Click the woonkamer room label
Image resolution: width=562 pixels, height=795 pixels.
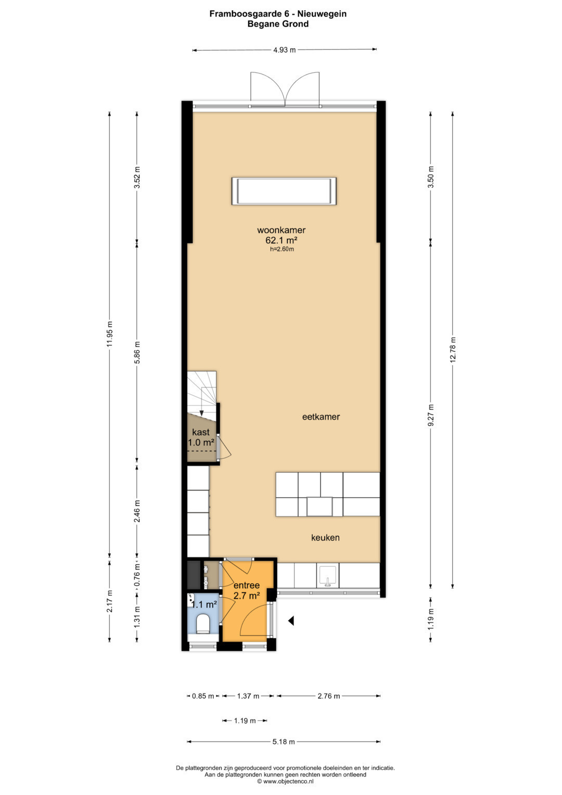(281, 230)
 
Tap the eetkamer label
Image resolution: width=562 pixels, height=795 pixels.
(321, 417)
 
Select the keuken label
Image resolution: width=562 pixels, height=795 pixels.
(325, 537)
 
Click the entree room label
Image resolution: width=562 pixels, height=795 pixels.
(247, 585)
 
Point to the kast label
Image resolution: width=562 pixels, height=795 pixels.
(201, 432)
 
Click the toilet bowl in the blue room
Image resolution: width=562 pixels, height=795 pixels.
(203, 624)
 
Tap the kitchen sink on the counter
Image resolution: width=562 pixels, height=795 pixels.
(327, 575)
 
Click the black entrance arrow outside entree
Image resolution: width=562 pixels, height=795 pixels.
(291, 621)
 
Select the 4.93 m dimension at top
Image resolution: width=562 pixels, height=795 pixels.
(284, 50)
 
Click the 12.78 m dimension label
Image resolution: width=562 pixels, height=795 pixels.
(452, 349)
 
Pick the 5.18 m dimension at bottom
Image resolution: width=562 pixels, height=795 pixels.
(284, 741)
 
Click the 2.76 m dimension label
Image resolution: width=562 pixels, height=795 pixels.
(328, 696)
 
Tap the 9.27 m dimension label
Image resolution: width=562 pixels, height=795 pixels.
(431, 415)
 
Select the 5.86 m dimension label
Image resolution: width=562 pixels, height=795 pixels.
(137, 352)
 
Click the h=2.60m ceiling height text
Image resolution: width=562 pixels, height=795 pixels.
(282, 249)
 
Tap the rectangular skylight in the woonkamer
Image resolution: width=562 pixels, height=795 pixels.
(284, 191)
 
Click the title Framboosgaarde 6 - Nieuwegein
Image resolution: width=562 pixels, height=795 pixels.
(278, 14)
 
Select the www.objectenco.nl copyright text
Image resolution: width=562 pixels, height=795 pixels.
(285, 781)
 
